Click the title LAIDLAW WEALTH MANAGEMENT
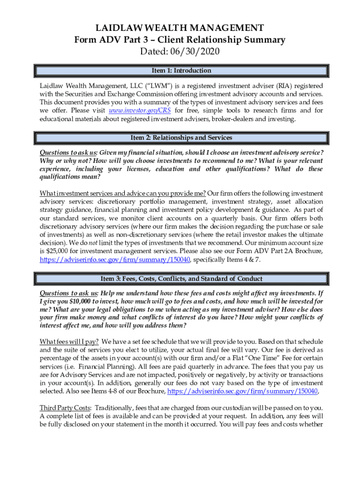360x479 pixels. click(180, 28)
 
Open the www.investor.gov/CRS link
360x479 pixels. click(139, 111)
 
